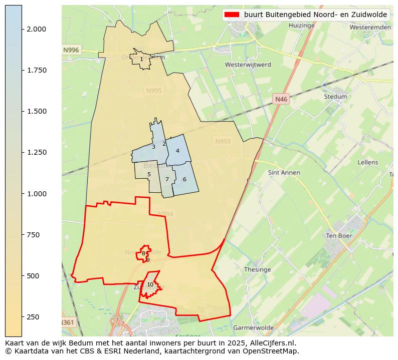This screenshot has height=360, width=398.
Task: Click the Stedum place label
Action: pos(335,97)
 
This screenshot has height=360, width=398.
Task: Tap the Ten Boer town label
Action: pos(339,235)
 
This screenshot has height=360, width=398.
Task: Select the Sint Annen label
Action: pos(284,173)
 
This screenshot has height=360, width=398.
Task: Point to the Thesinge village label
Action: pos(257,269)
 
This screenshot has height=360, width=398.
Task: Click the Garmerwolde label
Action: pos(254,327)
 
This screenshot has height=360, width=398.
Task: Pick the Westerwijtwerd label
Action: pos(248,65)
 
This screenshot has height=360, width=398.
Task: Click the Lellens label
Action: pos(368,162)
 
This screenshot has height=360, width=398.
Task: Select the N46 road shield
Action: pos(281,100)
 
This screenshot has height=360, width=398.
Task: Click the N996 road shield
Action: pos(71,50)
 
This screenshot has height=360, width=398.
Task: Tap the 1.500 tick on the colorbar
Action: pos(37,111)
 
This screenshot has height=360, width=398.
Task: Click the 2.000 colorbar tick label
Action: pos(37,29)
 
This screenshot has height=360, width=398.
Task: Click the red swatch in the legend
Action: pos(232,15)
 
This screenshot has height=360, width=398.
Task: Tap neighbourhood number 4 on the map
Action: pos(177,151)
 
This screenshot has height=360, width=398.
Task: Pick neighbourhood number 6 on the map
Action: pos(184,179)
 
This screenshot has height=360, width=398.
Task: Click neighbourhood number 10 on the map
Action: pos(150,284)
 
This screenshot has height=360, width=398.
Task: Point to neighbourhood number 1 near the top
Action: pos(141,59)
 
